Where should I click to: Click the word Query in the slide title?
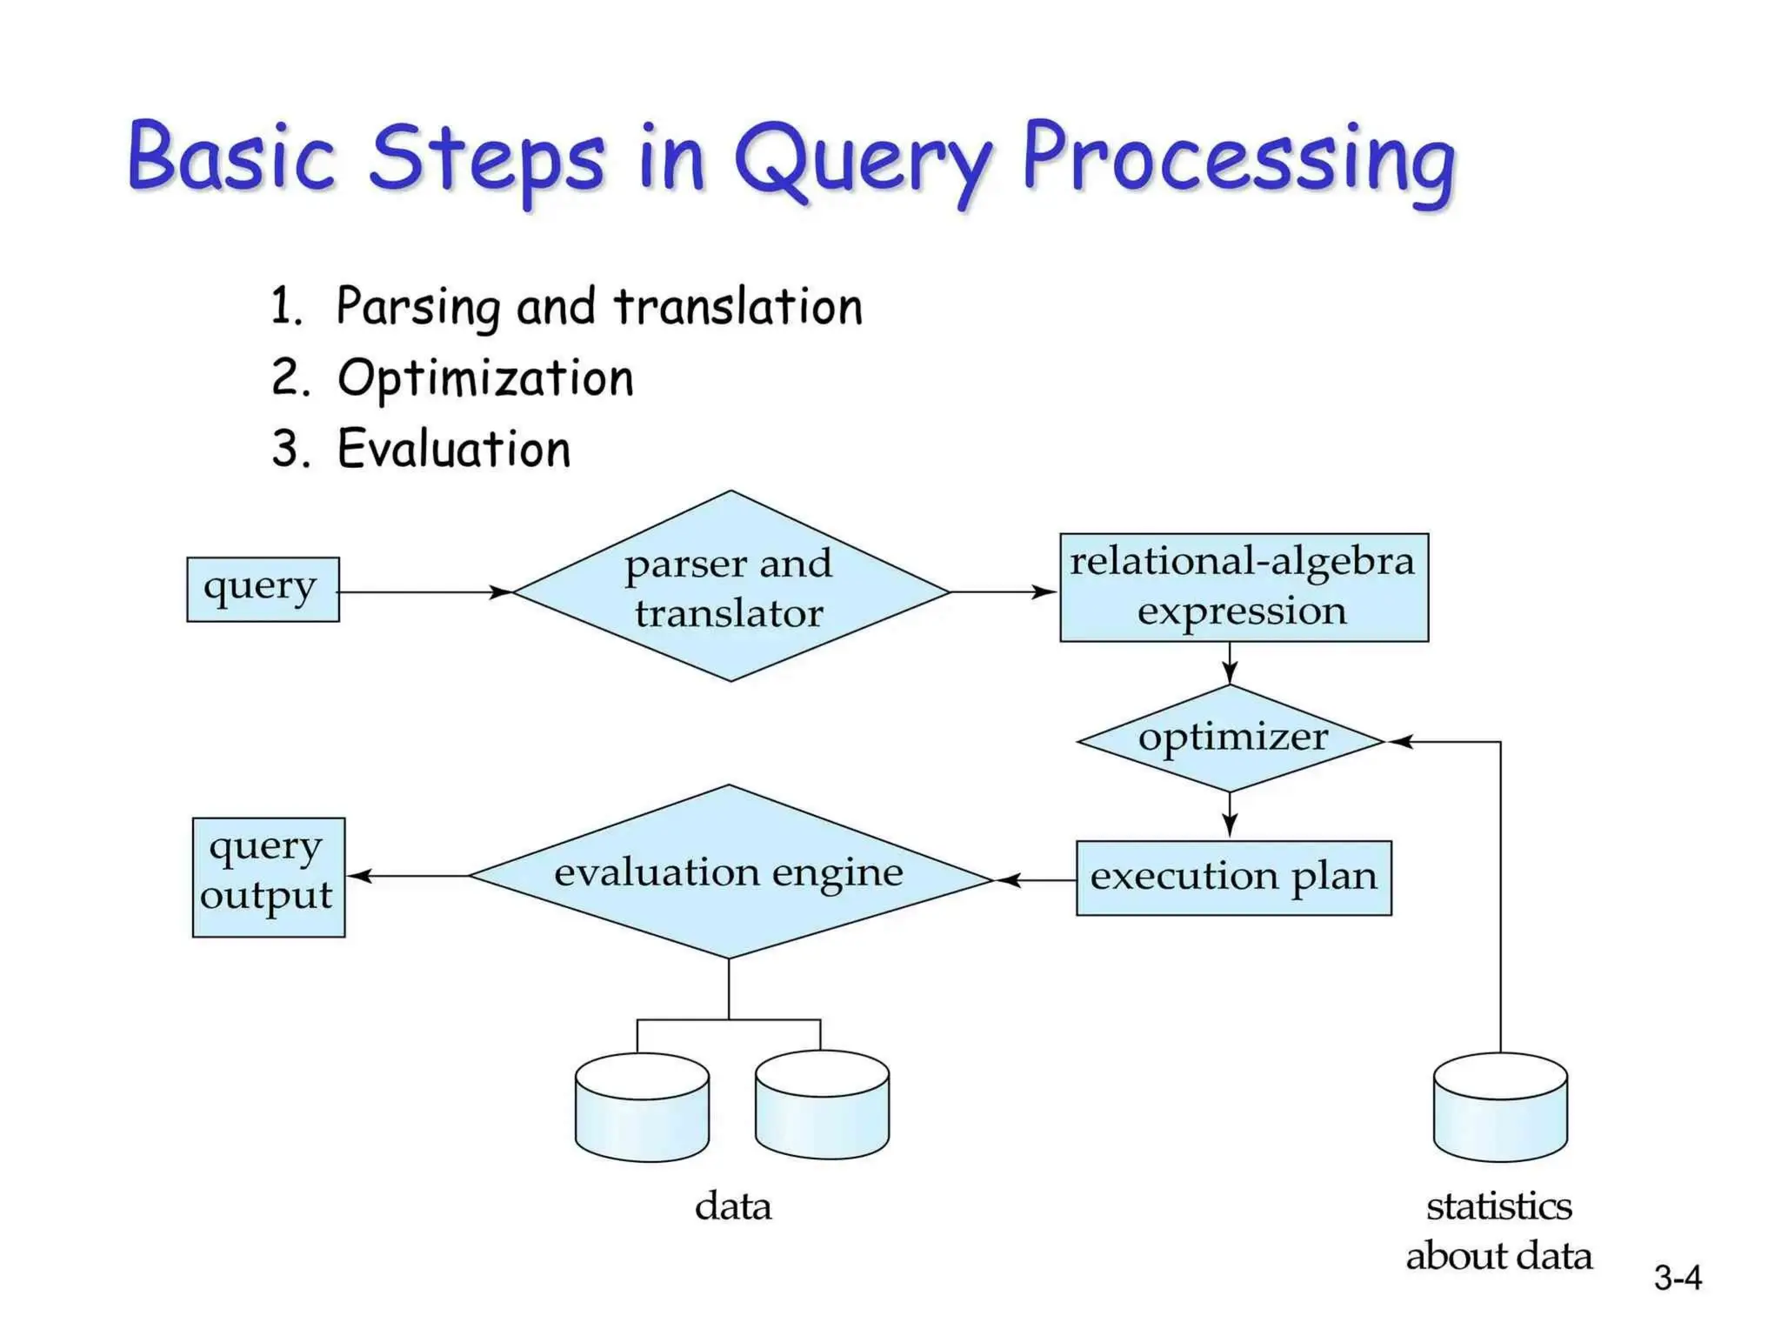[x=861, y=161]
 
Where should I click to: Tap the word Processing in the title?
[x=1237, y=161]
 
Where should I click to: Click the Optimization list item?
[x=484, y=378]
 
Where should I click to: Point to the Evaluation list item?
[x=453, y=450]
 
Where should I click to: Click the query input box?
[x=263, y=589]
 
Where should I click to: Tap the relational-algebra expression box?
[x=1243, y=587]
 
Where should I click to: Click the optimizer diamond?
[x=1231, y=738]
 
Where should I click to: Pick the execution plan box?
[x=1233, y=877]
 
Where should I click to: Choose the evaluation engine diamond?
[x=730, y=872]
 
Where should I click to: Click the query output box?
[x=268, y=876]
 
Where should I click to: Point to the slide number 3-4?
[x=1677, y=1277]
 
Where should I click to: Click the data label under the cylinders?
[x=732, y=1206]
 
